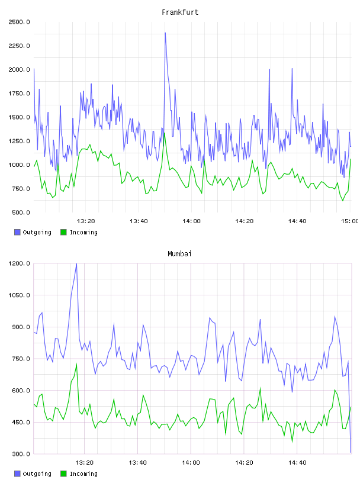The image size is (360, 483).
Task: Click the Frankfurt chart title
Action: click(180, 12)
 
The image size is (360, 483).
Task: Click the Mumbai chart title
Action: click(179, 254)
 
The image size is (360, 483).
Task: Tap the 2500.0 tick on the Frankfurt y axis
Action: click(20, 22)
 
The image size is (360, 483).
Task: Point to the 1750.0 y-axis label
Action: click(20, 94)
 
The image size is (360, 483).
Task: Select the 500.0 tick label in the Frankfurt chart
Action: click(21, 212)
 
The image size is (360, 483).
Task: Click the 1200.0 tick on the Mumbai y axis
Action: click(20, 263)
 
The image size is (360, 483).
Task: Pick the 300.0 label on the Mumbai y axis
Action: click(21, 454)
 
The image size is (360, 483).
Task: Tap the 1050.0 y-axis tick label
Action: click(20, 295)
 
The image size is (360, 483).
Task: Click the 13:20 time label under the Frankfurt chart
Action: click(86, 221)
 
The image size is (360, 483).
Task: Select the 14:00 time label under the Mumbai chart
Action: click(191, 463)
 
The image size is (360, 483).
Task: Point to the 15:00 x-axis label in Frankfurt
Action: click(350, 221)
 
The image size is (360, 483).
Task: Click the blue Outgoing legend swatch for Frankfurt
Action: click(17, 232)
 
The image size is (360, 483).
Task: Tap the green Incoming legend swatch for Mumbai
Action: click(63, 474)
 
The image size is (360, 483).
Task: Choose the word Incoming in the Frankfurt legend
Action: click(83, 233)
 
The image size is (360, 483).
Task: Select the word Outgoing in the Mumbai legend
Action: click(37, 474)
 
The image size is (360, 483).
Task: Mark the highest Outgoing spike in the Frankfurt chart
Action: click(165, 33)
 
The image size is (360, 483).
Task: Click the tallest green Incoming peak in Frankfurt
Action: click(165, 133)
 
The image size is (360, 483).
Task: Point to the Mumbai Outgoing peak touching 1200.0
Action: click(76, 264)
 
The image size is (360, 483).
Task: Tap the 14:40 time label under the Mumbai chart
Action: click(297, 463)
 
